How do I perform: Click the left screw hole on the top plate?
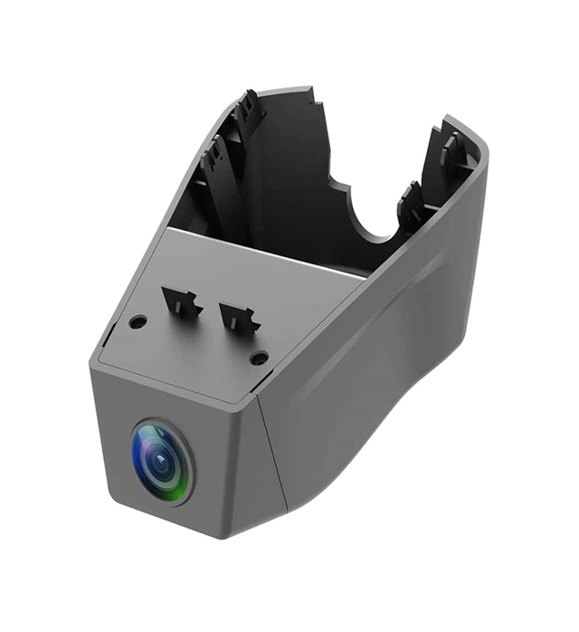click(138, 321)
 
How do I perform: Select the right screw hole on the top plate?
click(259, 358)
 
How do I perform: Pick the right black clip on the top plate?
click(239, 317)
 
